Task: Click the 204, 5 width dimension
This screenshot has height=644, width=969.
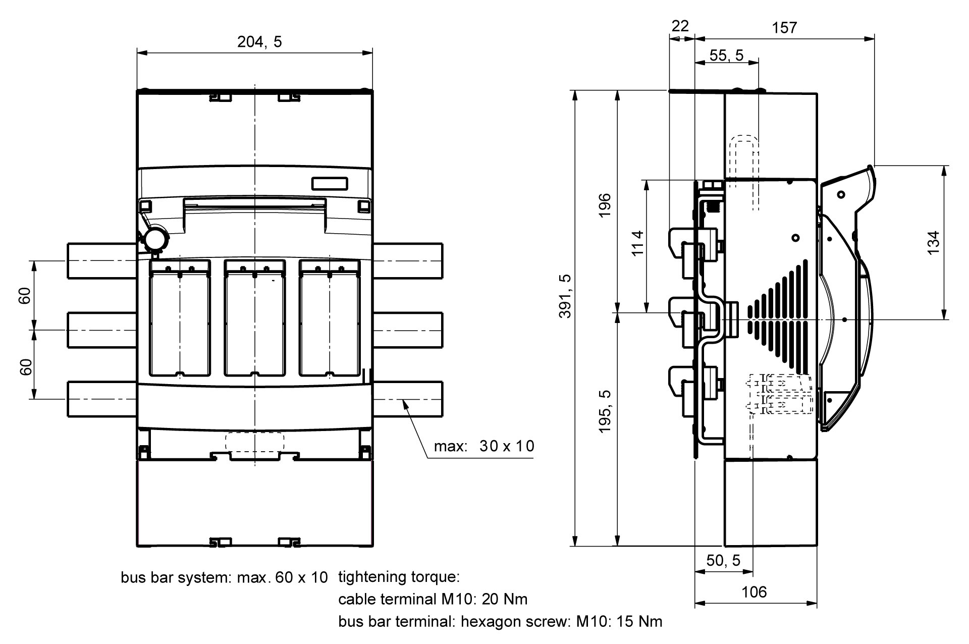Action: pos(259,42)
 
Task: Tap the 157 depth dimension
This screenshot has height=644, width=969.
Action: pos(785,27)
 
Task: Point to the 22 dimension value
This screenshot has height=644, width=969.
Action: pos(680,26)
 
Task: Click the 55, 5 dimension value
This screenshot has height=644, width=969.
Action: pos(726,55)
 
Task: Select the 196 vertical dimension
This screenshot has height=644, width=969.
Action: pos(605,204)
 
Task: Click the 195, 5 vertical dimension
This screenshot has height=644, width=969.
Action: pos(605,411)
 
